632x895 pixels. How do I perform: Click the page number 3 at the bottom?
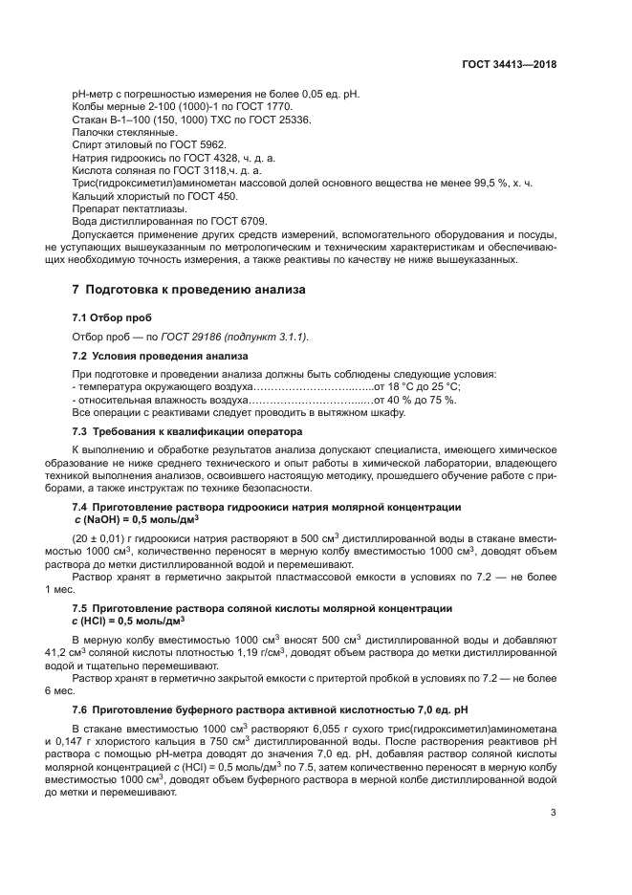553,813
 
